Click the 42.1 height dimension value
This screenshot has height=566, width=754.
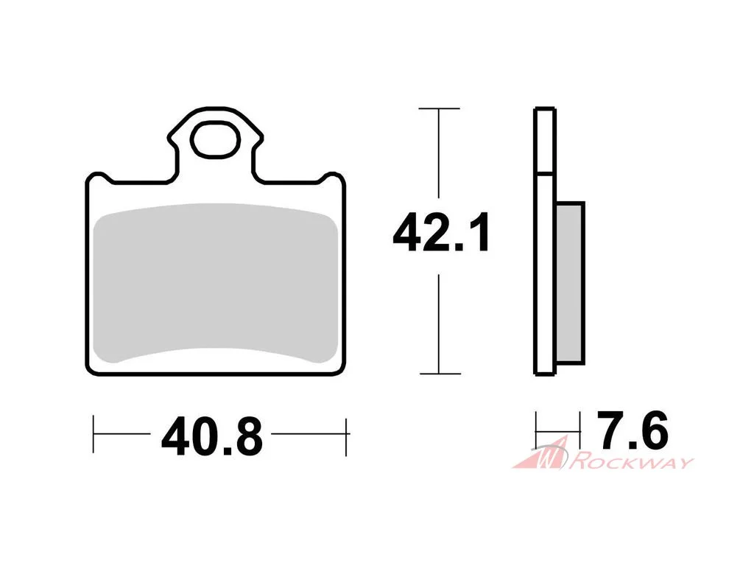point(440,232)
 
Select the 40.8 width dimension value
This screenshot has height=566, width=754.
point(212,437)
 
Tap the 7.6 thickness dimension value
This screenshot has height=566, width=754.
point(633,430)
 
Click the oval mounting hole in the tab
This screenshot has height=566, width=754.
point(215,139)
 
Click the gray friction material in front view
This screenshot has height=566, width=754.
point(216,283)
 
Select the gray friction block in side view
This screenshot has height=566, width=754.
point(571,283)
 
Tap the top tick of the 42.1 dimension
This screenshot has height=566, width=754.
point(439,108)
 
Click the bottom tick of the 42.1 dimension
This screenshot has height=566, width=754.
point(440,374)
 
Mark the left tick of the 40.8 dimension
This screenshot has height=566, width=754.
point(94,433)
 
